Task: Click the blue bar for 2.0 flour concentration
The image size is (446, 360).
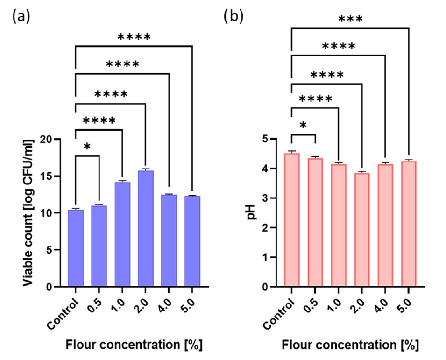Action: click(146, 229)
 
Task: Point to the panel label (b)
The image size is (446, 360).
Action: click(234, 17)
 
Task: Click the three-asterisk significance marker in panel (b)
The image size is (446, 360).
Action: click(350, 20)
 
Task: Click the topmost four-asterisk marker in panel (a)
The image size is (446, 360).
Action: click(134, 37)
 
